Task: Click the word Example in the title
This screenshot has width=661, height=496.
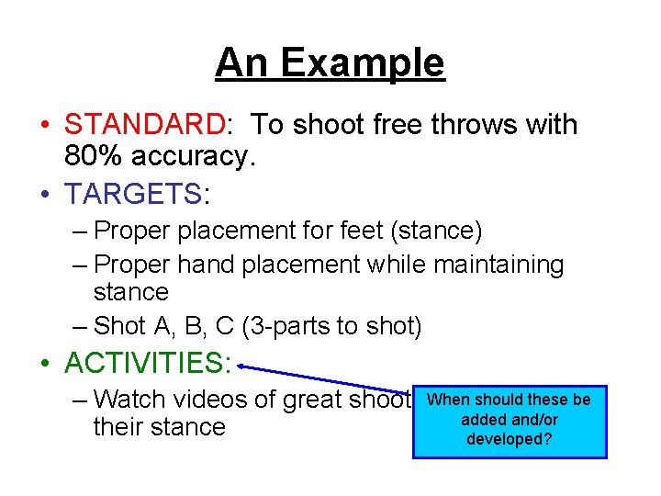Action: (x=364, y=63)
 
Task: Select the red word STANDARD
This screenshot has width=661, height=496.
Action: (x=144, y=124)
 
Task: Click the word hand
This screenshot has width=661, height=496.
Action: (x=207, y=265)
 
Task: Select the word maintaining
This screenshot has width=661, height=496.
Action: (x=499, y=265)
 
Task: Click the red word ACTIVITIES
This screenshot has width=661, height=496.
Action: (x=143, y=363)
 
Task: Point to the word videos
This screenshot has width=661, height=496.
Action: (x=216, y=400)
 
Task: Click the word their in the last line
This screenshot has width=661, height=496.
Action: (x=120, y=427)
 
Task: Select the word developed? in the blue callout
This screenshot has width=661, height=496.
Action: (x=510, y=439)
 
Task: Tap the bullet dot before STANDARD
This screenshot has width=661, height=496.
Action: (x=45, y=125)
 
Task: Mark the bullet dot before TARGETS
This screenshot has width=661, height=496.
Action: (x=45, y=195)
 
